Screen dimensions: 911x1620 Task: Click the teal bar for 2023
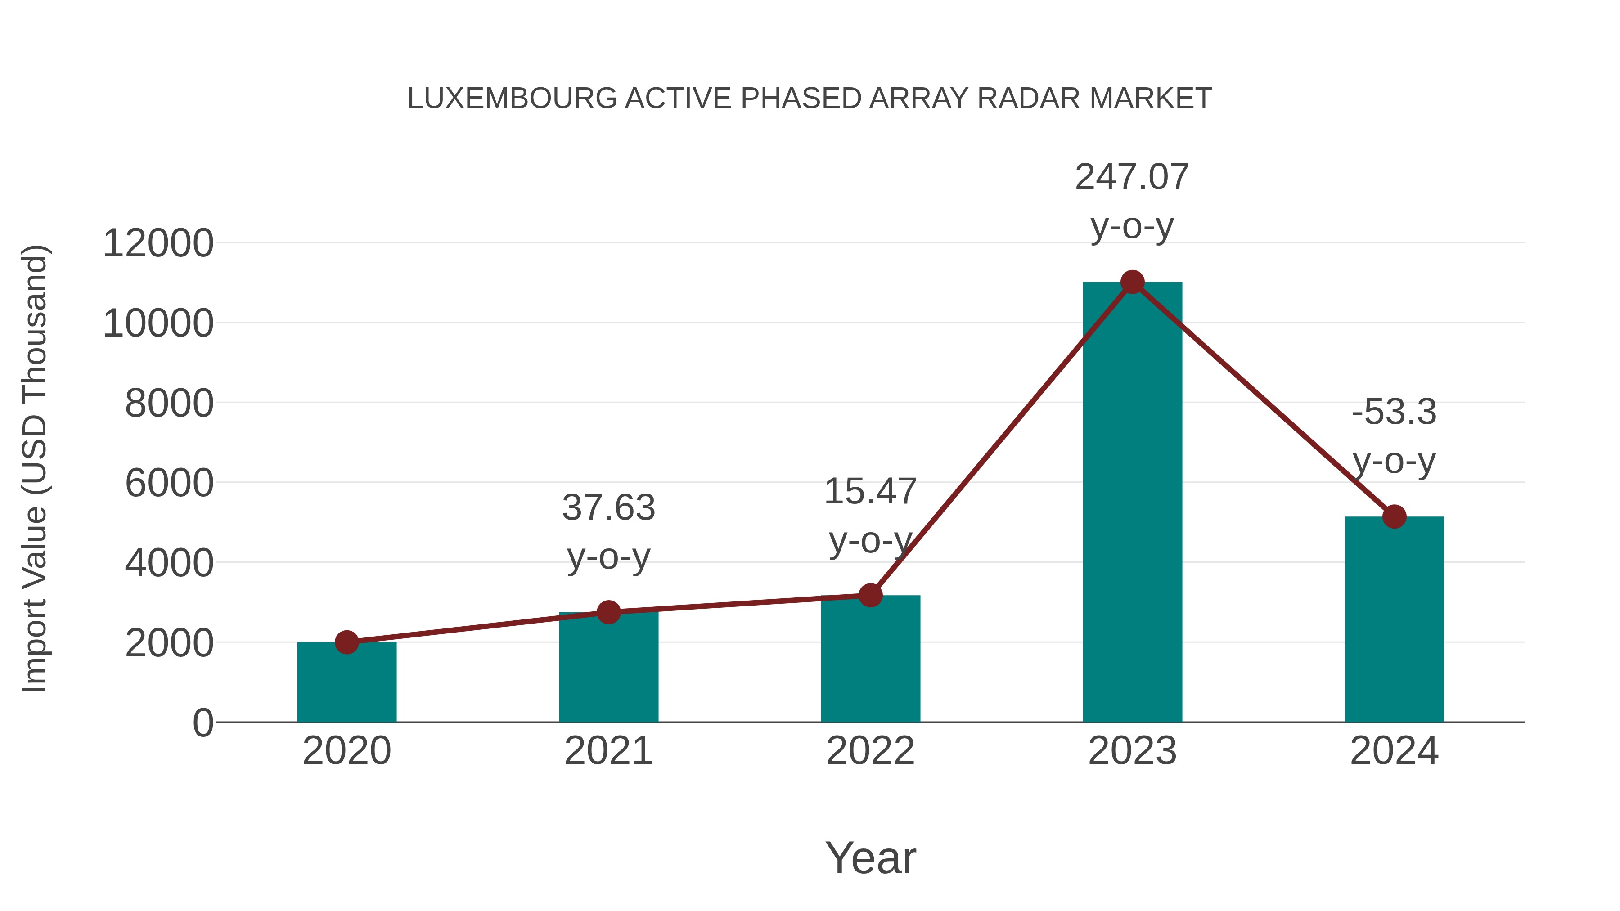coord(1132,503)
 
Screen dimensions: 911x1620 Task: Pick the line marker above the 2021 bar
coord(608,612)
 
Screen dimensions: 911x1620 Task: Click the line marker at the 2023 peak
coord(1132,282)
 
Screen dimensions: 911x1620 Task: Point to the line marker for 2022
coord(870,595)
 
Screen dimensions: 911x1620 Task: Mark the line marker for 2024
coord(1394,517)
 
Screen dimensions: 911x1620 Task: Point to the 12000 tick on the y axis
coord(158,243)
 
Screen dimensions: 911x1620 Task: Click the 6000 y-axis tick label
coord(169,484)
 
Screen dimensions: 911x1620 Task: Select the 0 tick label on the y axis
coord(202,723)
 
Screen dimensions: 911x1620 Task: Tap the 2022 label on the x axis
coord(870,751)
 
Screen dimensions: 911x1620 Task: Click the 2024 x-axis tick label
coord(1394,751)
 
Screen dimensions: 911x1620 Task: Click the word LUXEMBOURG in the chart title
coord(512,99)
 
